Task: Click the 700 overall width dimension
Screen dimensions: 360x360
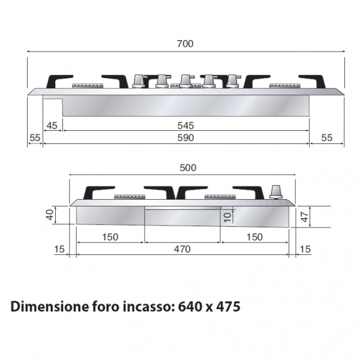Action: tap(185, 44)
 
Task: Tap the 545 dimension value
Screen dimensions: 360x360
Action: tap(185, 125)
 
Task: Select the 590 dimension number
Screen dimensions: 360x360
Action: tap(185, 138)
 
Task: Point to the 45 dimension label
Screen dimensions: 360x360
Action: tap(52, 125)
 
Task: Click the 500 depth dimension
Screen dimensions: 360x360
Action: tap(188, 168)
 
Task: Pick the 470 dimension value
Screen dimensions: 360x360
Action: tap(182, 249)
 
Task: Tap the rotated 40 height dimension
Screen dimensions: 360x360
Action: tap(50, 215)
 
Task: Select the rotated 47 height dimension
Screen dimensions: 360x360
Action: tap(304, 217)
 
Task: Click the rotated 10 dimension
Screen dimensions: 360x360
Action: tap(227, 217)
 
